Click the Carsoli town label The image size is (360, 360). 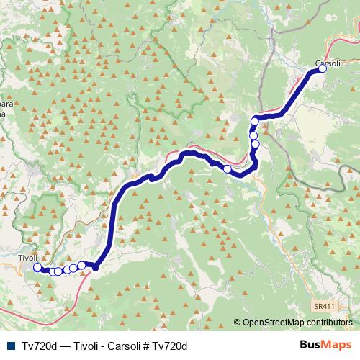point(327,61)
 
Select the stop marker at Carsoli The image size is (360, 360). point(322,69)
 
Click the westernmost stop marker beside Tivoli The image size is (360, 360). point(37,268)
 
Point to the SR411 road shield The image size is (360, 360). point(323,306)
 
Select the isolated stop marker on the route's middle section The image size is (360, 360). point(228,169)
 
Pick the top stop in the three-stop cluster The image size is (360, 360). point(255,122)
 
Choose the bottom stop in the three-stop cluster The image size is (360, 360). point(256,144)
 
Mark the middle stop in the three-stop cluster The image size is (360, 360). point(253,135)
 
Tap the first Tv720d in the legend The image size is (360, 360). point(40,346)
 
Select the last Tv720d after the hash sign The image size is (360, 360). point(170,346)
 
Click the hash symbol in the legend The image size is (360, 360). point(145,346)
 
